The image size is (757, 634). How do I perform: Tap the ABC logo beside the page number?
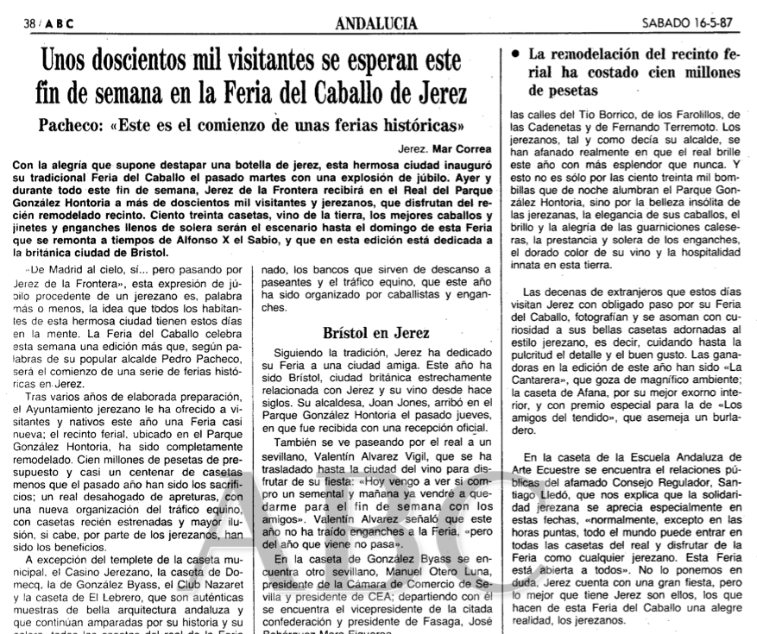tap(59, 25)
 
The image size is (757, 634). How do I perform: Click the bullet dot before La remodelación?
tap(515, 53)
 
